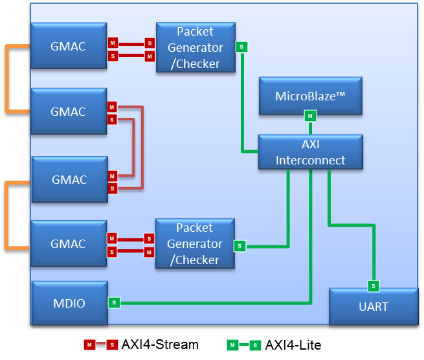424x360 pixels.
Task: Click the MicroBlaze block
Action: point(310,96)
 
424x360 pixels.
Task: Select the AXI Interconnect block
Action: point(310,152)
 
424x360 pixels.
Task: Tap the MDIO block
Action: point(69,303)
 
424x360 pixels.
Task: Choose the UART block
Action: point(374,306)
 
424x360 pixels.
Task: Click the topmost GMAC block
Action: point(69,46)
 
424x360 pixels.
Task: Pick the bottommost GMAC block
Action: point(69,243)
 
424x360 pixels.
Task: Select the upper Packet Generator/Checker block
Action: point(194,47)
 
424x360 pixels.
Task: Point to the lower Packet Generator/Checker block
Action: point(194,243)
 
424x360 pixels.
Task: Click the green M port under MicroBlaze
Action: point(310,116)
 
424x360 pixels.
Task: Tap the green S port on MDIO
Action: point(114,302)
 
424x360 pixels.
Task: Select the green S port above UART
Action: point(374,286)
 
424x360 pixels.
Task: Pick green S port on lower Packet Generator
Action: point(240,246)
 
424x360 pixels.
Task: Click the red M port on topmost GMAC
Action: point(112,43)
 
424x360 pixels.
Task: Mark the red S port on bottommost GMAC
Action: point(112,251)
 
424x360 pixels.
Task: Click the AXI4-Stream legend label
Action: point(160,344)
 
